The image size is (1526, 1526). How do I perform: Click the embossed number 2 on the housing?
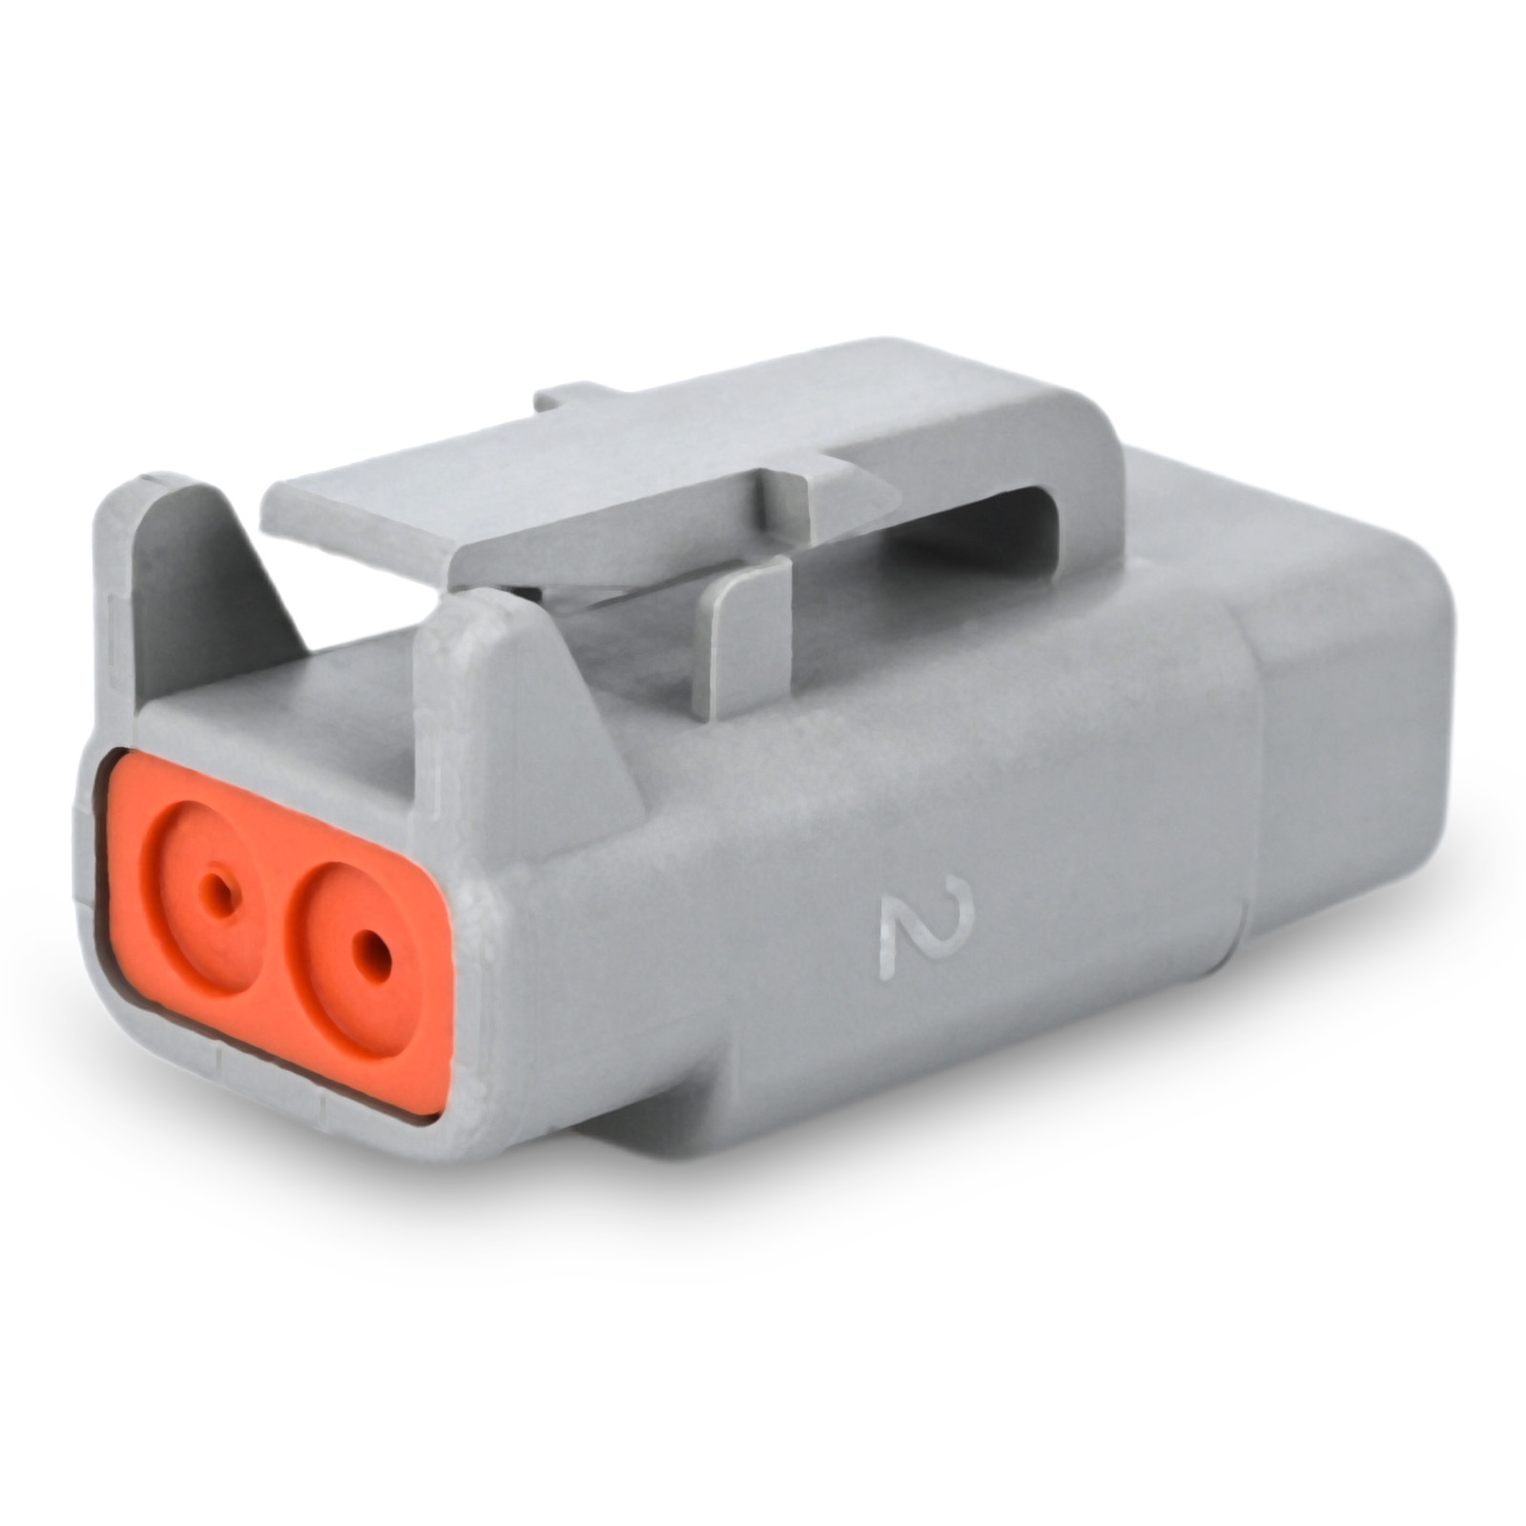924,927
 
